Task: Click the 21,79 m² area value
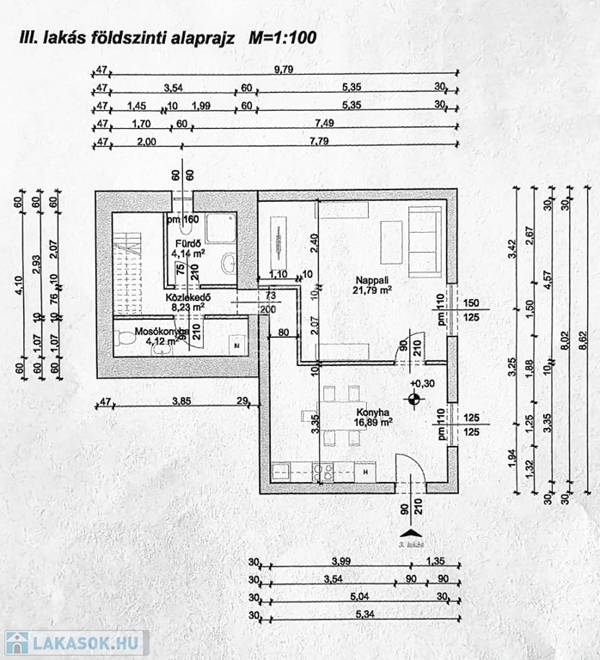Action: click(372, 290)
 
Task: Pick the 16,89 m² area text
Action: click(374, 422)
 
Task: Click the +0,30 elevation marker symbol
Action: click(415, 398)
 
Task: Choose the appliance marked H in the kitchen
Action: click(366, 471)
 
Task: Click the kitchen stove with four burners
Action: click(324, 471)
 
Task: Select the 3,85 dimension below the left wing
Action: click(180, 400)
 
